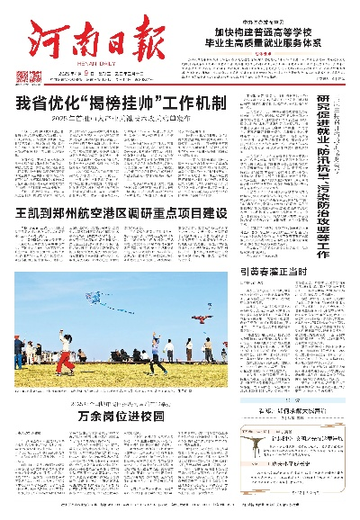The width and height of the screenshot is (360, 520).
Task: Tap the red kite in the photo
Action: (x=205, y=313)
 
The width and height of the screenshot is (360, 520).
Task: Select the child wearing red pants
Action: (x=64, y=358)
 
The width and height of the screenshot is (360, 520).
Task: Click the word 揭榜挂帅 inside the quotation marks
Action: (x=135, y=103)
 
